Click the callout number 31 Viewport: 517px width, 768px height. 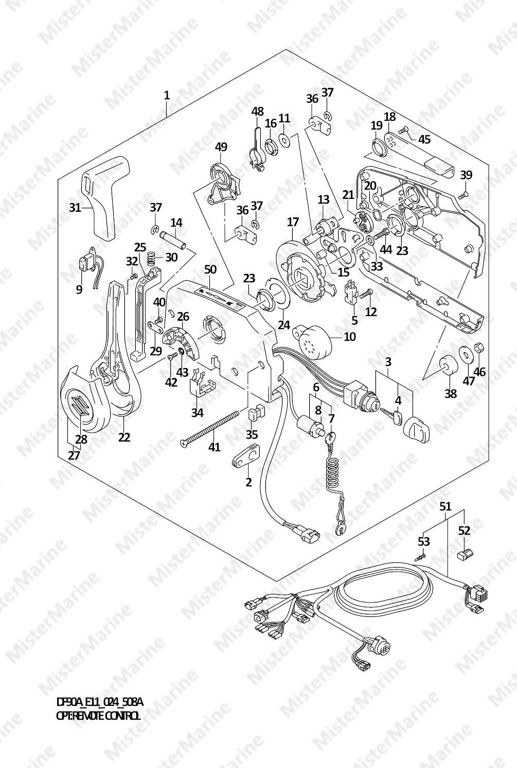coord(75,208)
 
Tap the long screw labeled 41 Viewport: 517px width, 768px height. coord(209,429)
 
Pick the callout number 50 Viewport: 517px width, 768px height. coord(210,269)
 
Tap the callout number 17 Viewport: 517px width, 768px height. coord(293,222)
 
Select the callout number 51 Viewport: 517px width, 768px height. coord(445,506)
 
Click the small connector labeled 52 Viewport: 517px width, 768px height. coord(466,554)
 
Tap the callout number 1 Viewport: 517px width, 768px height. coord(167,95)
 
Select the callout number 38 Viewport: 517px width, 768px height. coord(451,393)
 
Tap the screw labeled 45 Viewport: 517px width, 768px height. coord(404,131)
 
